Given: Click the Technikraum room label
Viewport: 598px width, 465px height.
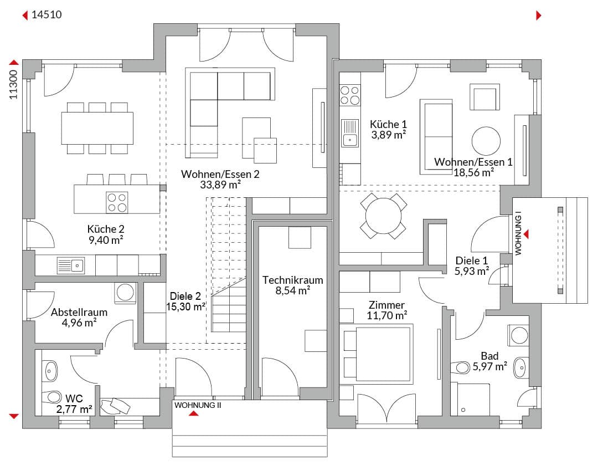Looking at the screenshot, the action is [292, 280].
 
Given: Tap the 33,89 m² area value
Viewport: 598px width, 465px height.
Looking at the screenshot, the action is [220, 185].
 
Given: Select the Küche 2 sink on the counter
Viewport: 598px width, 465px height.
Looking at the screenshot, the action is [70, 265].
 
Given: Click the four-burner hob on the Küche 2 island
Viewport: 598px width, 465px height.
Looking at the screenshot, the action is [117, 202].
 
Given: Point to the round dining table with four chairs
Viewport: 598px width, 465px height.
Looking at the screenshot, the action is [383, 216].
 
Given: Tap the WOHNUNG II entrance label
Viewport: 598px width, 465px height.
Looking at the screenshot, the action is [198, 406].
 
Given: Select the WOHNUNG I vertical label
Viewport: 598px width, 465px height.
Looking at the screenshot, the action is [518, 233].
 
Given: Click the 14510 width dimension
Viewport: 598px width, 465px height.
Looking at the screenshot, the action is [47, 14].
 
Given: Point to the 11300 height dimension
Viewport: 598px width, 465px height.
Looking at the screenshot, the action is [14, 85].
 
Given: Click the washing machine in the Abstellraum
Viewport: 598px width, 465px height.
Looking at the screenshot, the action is [125, 293].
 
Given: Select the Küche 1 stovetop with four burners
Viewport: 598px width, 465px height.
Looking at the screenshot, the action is [350, 95].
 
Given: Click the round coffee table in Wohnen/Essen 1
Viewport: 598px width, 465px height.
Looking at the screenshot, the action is [486, 141].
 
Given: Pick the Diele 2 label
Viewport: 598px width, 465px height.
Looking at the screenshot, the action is [185, 296].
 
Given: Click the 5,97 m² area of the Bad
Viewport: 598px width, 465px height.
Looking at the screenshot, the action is [489, 366].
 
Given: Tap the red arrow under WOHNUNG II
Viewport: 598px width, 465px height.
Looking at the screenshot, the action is [194, 413].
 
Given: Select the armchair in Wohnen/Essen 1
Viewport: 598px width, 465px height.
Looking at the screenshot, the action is [484, 97].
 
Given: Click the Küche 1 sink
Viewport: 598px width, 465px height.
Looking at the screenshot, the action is [350, 133].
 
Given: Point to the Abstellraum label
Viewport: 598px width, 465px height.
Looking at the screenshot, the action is [79, 312].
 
